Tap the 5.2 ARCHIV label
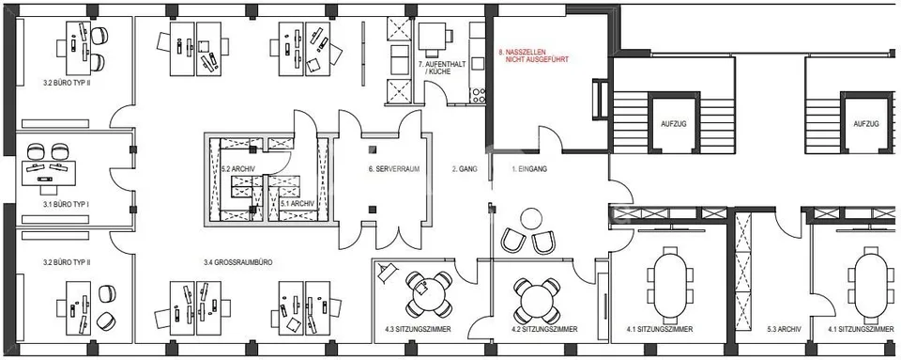point(237,169)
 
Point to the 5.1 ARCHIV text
point(298,203)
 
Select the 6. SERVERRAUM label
point(394,169)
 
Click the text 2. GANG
point(463,169)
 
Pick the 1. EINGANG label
point(528,169)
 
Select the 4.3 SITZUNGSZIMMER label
point(418,330)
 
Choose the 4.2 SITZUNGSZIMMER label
point(544,330)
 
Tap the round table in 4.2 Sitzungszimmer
point(537,300)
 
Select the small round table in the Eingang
point(531,218)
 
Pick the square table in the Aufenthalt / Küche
point(432,38)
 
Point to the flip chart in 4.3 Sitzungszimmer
point(387,271)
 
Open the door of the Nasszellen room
point(551,138)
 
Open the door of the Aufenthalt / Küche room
point(436,93)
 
